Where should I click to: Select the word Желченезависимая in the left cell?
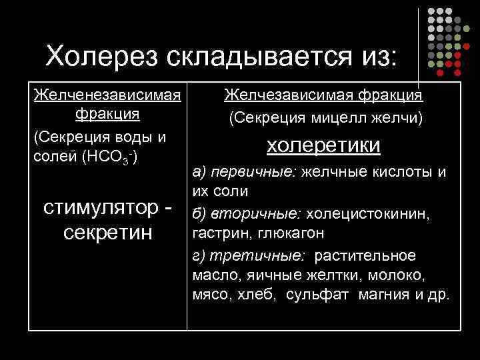(107, 95)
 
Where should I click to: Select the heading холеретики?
(324, 145)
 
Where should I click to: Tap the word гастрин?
(215, 234)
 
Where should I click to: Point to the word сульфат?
(317, 295)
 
